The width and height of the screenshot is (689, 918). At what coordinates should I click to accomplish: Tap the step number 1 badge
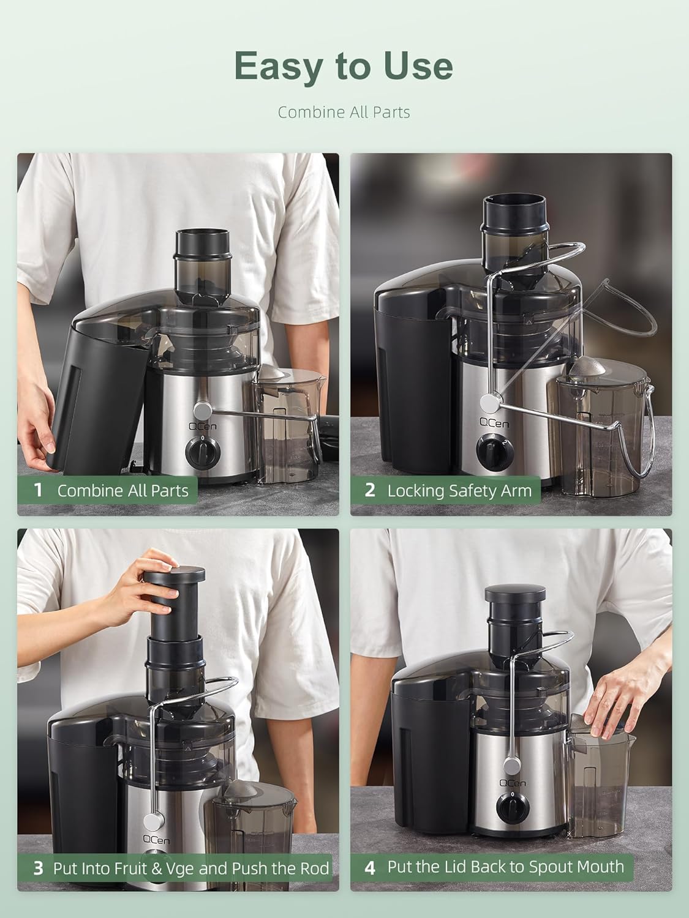point(39,490)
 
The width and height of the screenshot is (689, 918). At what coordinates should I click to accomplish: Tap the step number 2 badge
point(369,490)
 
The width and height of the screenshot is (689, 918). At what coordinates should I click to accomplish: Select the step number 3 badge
point(38,868)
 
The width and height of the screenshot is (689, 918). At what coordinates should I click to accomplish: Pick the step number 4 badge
point(369,867)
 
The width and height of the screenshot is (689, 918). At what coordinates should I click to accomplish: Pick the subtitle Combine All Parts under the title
point(344,112)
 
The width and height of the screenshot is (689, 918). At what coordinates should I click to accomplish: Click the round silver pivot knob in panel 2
point(489,402)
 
